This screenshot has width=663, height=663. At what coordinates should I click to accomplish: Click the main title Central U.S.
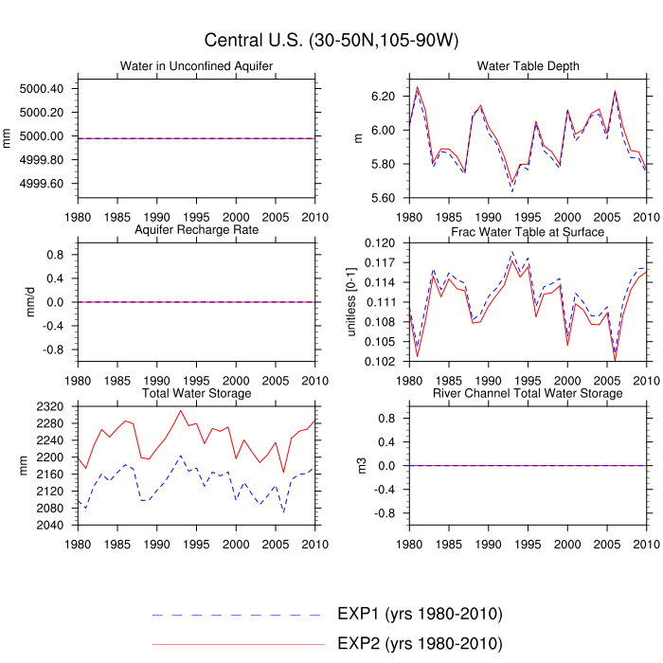[331, 40]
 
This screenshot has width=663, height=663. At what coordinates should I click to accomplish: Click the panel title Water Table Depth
[529, 65]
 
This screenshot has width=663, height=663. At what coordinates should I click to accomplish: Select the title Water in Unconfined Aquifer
[197, 65]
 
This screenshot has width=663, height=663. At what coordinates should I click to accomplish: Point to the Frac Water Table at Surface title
[529, 231]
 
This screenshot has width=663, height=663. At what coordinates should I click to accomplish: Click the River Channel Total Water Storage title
[529, 393]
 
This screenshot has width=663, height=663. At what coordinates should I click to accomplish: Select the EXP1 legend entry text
[419, 614]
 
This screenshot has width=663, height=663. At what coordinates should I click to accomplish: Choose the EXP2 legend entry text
[419, 644]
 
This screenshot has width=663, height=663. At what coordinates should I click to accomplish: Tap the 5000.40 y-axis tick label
[42, 89]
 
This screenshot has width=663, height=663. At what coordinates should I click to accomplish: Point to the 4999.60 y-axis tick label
[42, 184]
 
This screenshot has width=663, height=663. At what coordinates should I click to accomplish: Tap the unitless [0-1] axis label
[351, 301]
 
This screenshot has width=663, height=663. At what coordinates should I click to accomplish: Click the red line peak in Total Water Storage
[181, 410]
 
